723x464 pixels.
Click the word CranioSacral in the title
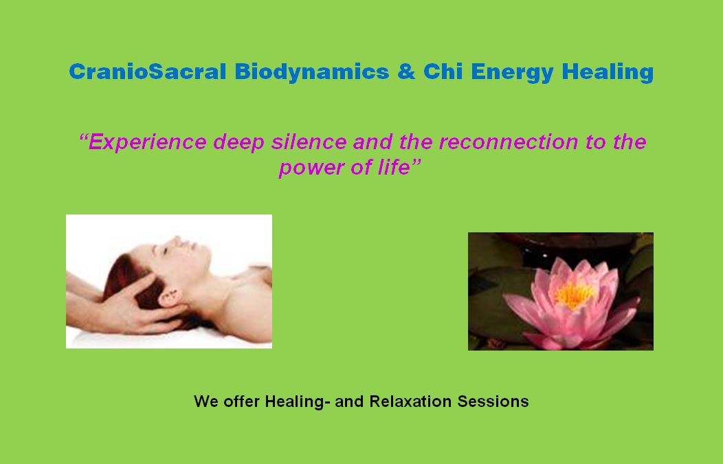pyautogui.click(x=147, y=71)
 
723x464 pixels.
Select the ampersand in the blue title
pyautogui.click(x=406, y=71)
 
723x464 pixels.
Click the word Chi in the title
pyautogui.click(x=441, y=71)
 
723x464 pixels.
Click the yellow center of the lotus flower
pyautogui.click(x=575, y=294)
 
